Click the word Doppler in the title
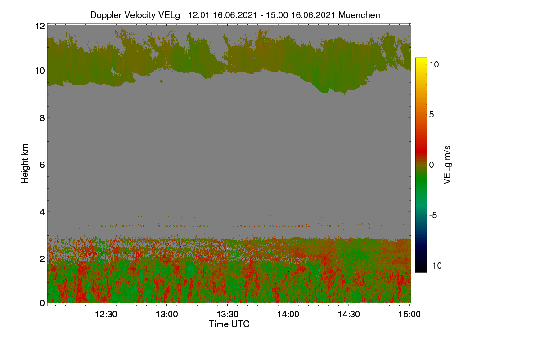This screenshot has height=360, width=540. tap(106, 15)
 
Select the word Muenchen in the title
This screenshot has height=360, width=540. tap(359, 15)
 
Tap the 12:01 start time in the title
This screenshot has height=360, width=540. tap(198, 15)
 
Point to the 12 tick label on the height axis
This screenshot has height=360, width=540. tap(40, 26)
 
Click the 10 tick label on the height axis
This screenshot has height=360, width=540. tap(40, 71)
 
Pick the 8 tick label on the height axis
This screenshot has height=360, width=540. tap(42, 118)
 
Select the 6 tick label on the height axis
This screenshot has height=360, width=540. tap(42, 165)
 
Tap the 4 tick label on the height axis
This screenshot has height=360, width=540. tap(42, 212)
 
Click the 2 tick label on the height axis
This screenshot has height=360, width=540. tap(42, 259)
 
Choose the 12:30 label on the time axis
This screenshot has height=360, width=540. tap(106, 314)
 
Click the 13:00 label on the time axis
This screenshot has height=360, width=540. tap(167, 314)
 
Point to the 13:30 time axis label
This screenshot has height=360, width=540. tap(227, 314)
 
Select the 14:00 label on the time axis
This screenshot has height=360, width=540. tap(288, 314)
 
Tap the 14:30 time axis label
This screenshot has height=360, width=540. tap(349, 314)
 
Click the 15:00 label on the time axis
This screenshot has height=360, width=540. tap(409, 314)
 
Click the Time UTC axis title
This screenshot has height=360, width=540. tap(229, 324)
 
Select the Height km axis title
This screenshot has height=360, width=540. tap(25, 164)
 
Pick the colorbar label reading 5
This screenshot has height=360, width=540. tap(432, 115)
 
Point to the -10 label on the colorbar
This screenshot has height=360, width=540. tap(436, 265)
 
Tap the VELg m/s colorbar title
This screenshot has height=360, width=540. tap(447, 165)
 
